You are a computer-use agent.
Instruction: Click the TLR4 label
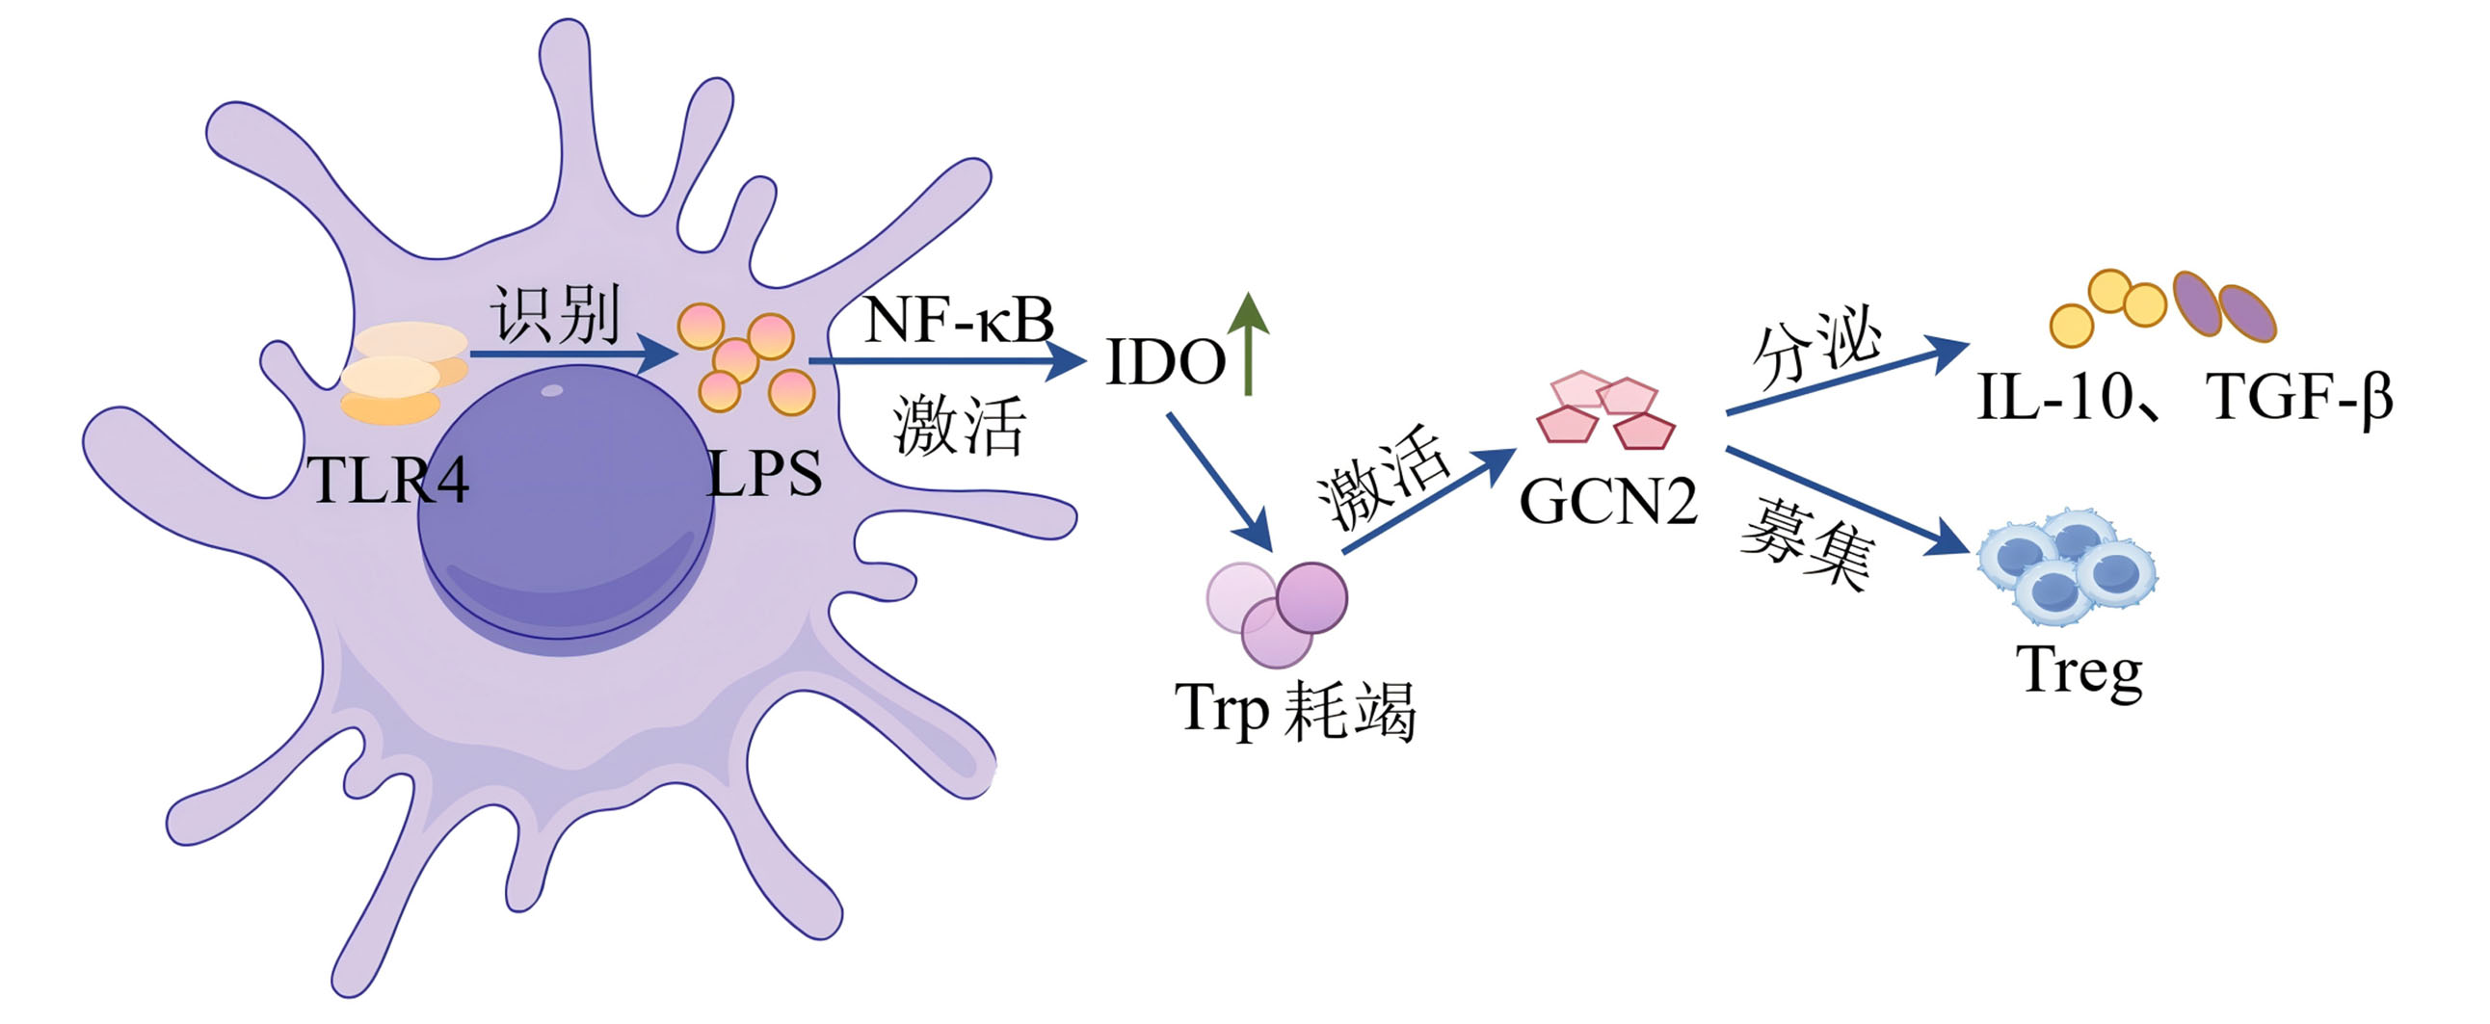(x=388, y=479)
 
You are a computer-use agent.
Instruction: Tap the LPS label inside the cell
(x=764, y=473)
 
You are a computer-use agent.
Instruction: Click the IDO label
(x=1166, y=362)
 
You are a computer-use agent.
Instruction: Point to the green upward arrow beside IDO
(x=1249, y=344)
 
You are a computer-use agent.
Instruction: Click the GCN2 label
(x=1608, y=501)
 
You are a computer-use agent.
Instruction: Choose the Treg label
(x=2079, y=670)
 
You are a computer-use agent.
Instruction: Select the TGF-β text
(x=2299, y=397)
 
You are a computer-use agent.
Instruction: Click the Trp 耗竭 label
(x=1295, y=710)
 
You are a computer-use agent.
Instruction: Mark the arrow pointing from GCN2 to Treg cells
(x=1847, y=500)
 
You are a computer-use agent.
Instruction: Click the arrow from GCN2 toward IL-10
(x=1847, y=377)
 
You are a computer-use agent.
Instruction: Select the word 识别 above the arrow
(x=556, y=314)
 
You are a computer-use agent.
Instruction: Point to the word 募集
(x=1808, y=543)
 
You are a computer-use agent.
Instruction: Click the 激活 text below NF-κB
(x=958, y=425)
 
